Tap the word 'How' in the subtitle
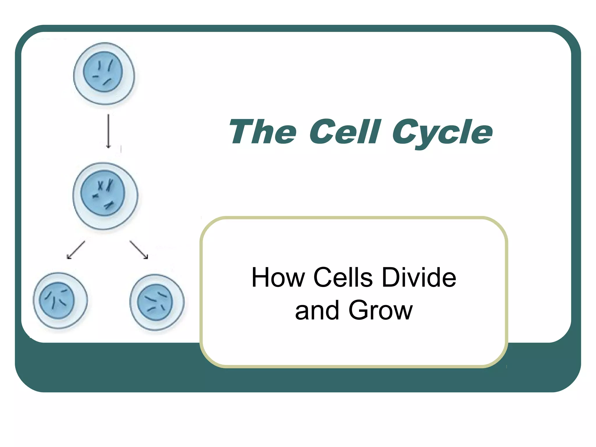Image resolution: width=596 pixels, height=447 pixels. tap(278, 278)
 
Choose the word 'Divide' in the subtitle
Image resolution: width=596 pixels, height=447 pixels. tap(419, 278)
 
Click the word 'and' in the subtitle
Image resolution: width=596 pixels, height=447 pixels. tap(317, 311)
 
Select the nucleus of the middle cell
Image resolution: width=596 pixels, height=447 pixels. tap(102, 193)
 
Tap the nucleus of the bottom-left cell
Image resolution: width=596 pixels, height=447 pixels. tap(57, 300)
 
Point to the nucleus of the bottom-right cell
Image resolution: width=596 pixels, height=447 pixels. tap(155, 302)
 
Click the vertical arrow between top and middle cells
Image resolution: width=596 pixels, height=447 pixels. tap(108, 131)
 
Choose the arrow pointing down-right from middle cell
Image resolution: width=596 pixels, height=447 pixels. tap(139, 250)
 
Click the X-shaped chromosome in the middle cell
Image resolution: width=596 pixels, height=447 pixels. tap(100, 185)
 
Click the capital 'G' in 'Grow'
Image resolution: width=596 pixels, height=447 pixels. tap(359, 310)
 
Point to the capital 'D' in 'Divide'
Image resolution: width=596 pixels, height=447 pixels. tap(391, 278)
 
